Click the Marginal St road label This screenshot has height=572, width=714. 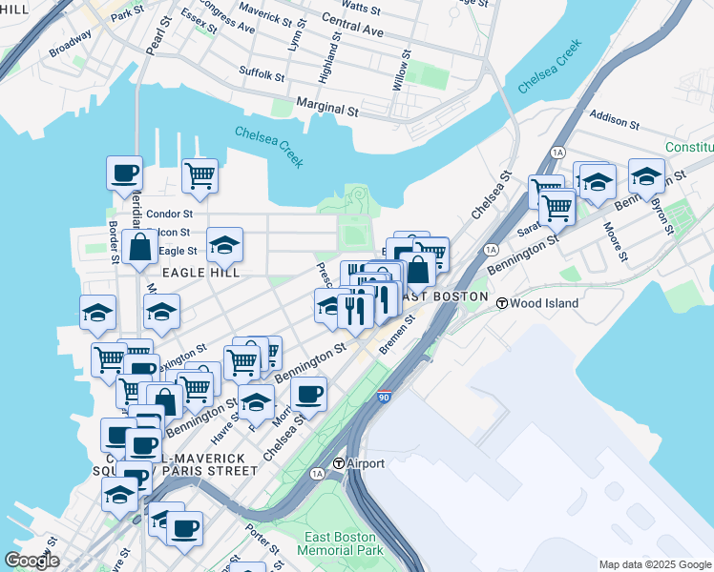[x=326, y=111]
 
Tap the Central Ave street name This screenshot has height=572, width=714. [x=352, y=25]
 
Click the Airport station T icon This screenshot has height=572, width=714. [x=338, y=463]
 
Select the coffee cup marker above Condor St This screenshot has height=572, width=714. [x=124, y=174]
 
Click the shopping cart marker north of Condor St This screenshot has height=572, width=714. [x=200, y=175]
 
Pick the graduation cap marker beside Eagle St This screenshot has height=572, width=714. [x=224, y=245]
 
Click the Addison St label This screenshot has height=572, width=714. [x=614, y=120]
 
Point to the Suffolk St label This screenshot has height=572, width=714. [x=262, y=72]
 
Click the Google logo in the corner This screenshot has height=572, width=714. [x=31, y=561]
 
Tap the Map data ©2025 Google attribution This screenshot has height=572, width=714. [x=654, y=564]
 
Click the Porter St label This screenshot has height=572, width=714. [x=262, y=542]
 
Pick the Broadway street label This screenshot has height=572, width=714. [x=71, y=43]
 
